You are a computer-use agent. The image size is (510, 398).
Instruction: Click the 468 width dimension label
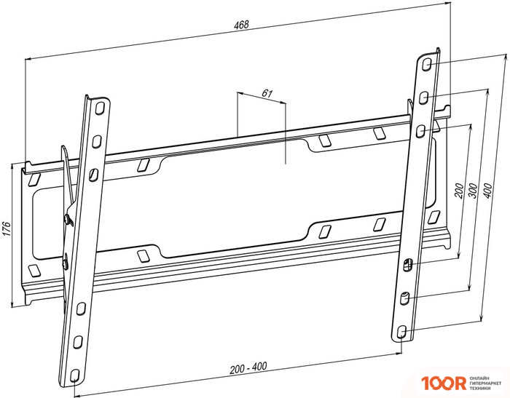tap(241, 25)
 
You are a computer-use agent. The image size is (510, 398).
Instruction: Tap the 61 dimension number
tap(267, 94)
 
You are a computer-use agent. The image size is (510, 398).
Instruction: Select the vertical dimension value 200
tap(458, 191)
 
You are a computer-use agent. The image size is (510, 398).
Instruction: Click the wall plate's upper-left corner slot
tap(33, 177)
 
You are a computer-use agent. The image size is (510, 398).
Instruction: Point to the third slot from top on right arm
tap(420, 130)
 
